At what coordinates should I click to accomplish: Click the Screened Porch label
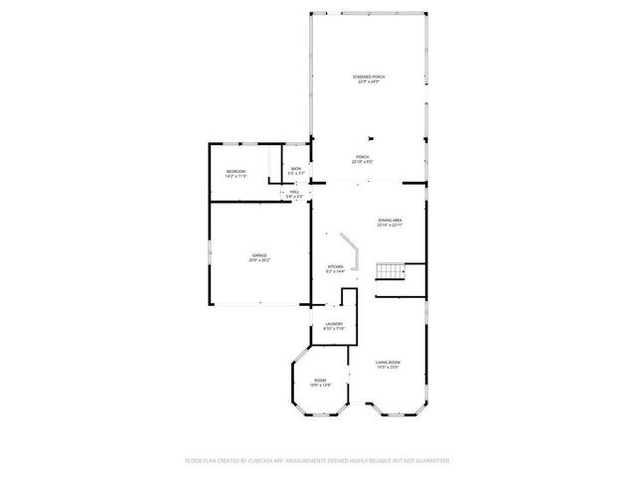(368, 77)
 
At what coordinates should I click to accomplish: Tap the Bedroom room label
(236, 172)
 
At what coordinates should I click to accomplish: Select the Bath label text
(296, 169)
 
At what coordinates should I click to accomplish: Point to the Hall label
(294, 192)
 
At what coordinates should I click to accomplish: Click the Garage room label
(259, 255)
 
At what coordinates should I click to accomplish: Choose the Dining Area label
(390, 220)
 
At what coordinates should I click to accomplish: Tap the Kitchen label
(336, 266)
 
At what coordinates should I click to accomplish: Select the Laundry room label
(334, 323)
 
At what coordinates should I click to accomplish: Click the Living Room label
(388, 363)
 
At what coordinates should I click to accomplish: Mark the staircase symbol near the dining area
(389, 272)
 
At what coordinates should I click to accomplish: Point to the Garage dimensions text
(259, 260)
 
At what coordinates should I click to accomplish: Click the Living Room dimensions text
(388, 368)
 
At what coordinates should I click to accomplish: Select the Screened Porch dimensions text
(368, 82)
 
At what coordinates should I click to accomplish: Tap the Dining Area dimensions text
(390, 226)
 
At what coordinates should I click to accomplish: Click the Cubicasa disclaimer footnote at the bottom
(318, 460)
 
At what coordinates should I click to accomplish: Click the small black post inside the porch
(370, 139)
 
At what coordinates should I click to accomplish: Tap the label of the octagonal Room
(320, 381)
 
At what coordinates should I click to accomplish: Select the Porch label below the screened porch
(363, 157)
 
